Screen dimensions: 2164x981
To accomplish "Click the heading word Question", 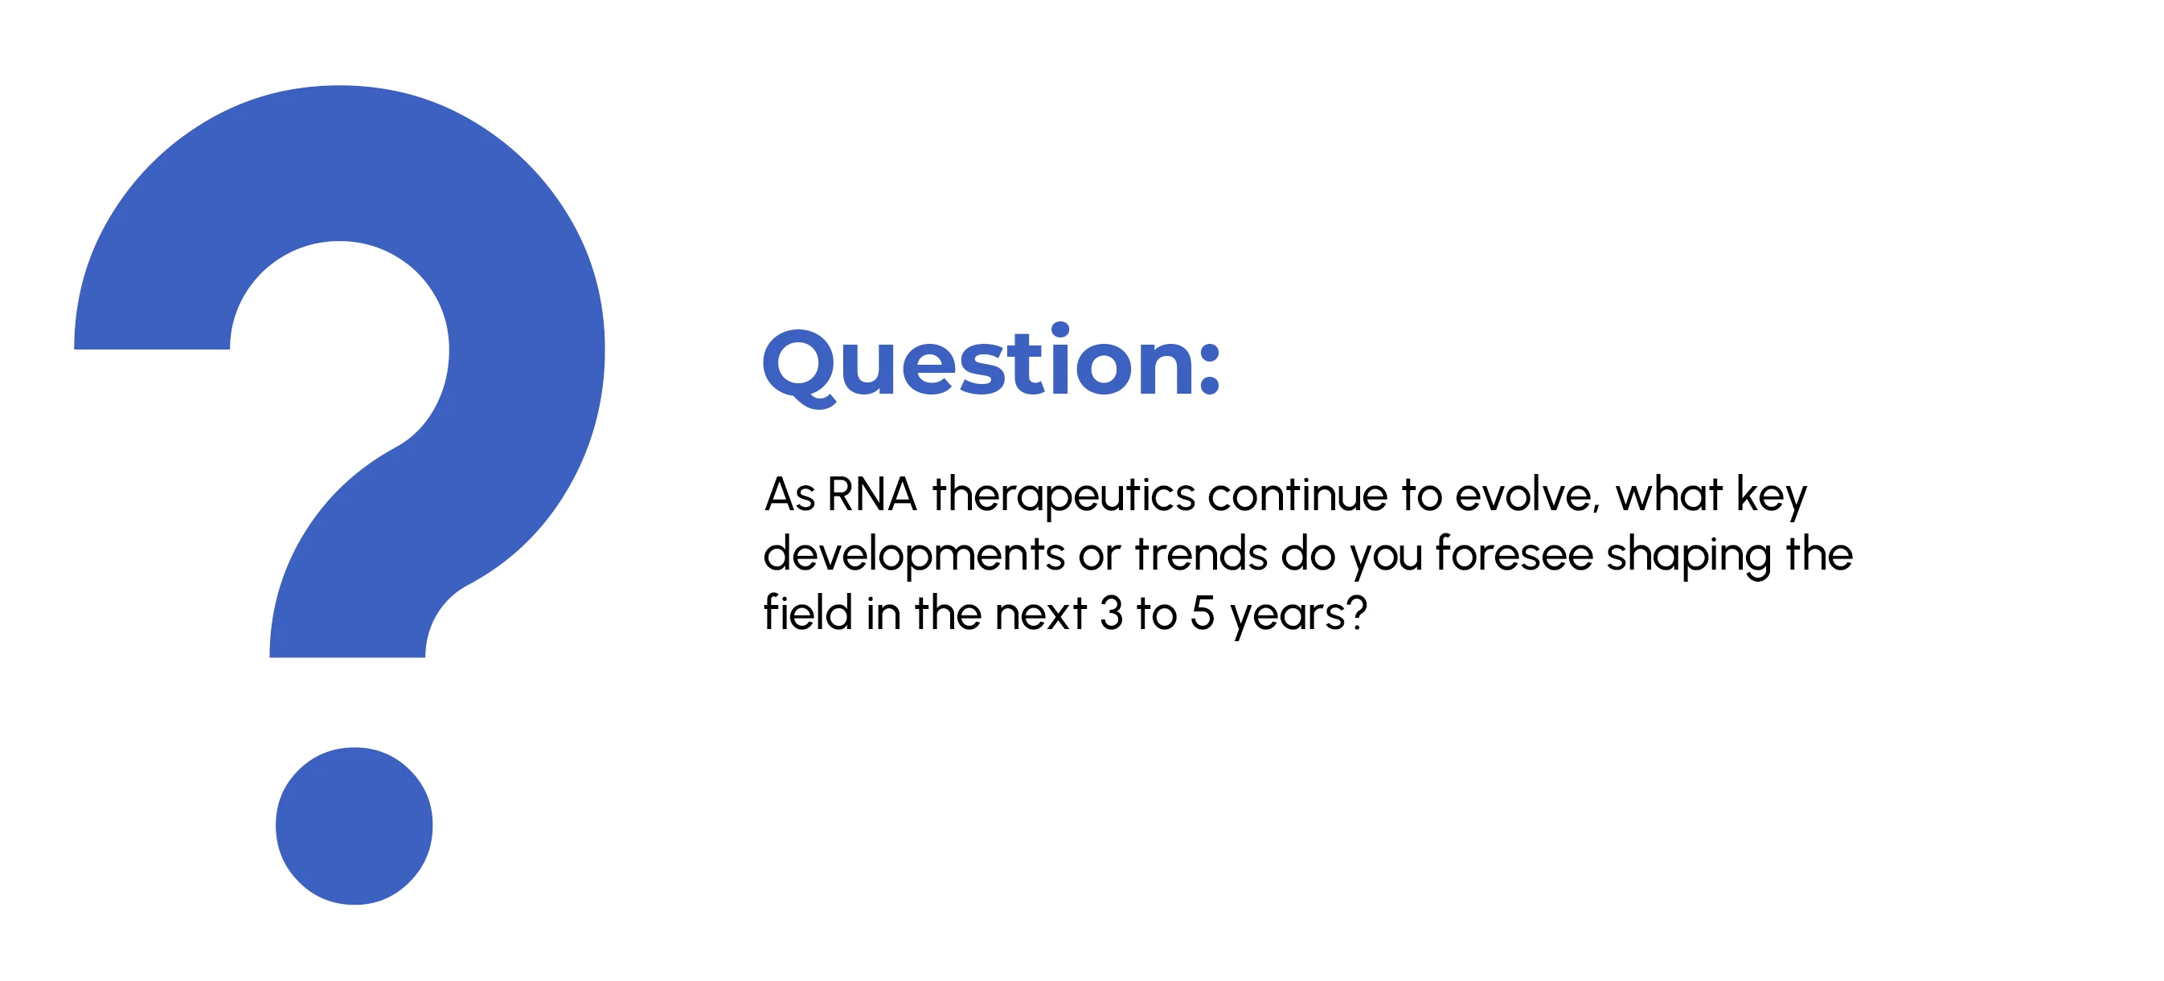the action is click(978, 365).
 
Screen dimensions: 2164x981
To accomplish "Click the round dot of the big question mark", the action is click(354, 826).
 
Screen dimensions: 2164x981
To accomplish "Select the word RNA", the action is click(871, 494).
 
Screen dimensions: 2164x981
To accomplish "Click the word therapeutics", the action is click(1064, 496).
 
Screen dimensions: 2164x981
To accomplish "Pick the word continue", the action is click(1298, 494).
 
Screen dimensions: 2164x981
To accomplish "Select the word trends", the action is click(1200, 554).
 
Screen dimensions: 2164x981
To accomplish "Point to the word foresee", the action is click(1514, 554).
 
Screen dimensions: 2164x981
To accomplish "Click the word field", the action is click(808, 612).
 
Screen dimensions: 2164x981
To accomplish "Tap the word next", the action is click(1041, 614).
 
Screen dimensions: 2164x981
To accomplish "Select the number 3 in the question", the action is click(1112, 614).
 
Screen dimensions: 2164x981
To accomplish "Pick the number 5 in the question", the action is click(1202, 614).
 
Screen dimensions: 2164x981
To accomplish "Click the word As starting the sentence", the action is click(789, 494).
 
